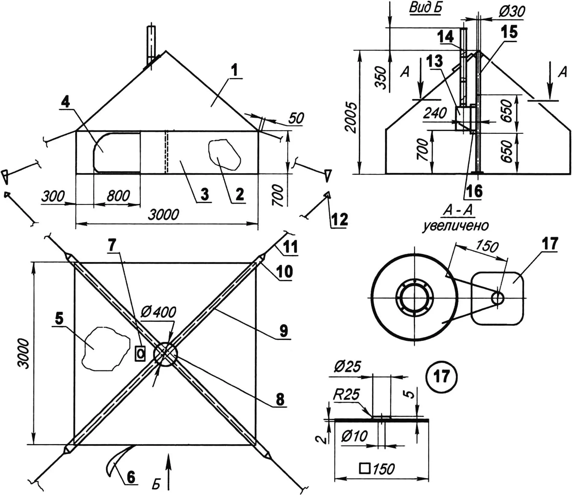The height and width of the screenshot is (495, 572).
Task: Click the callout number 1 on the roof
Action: tap(235, 71)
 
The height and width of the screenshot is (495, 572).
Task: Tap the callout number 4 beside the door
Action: tap(65, 102)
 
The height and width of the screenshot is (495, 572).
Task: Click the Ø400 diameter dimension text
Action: tap(158, 313)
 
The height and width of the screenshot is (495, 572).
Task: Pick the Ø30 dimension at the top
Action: tap(512, 11)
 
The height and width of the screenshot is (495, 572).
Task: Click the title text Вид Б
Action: tap(425, 8)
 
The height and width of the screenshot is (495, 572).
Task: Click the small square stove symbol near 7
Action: tap(140, 353)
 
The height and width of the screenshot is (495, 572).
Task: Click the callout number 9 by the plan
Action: tap(283, 331)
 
